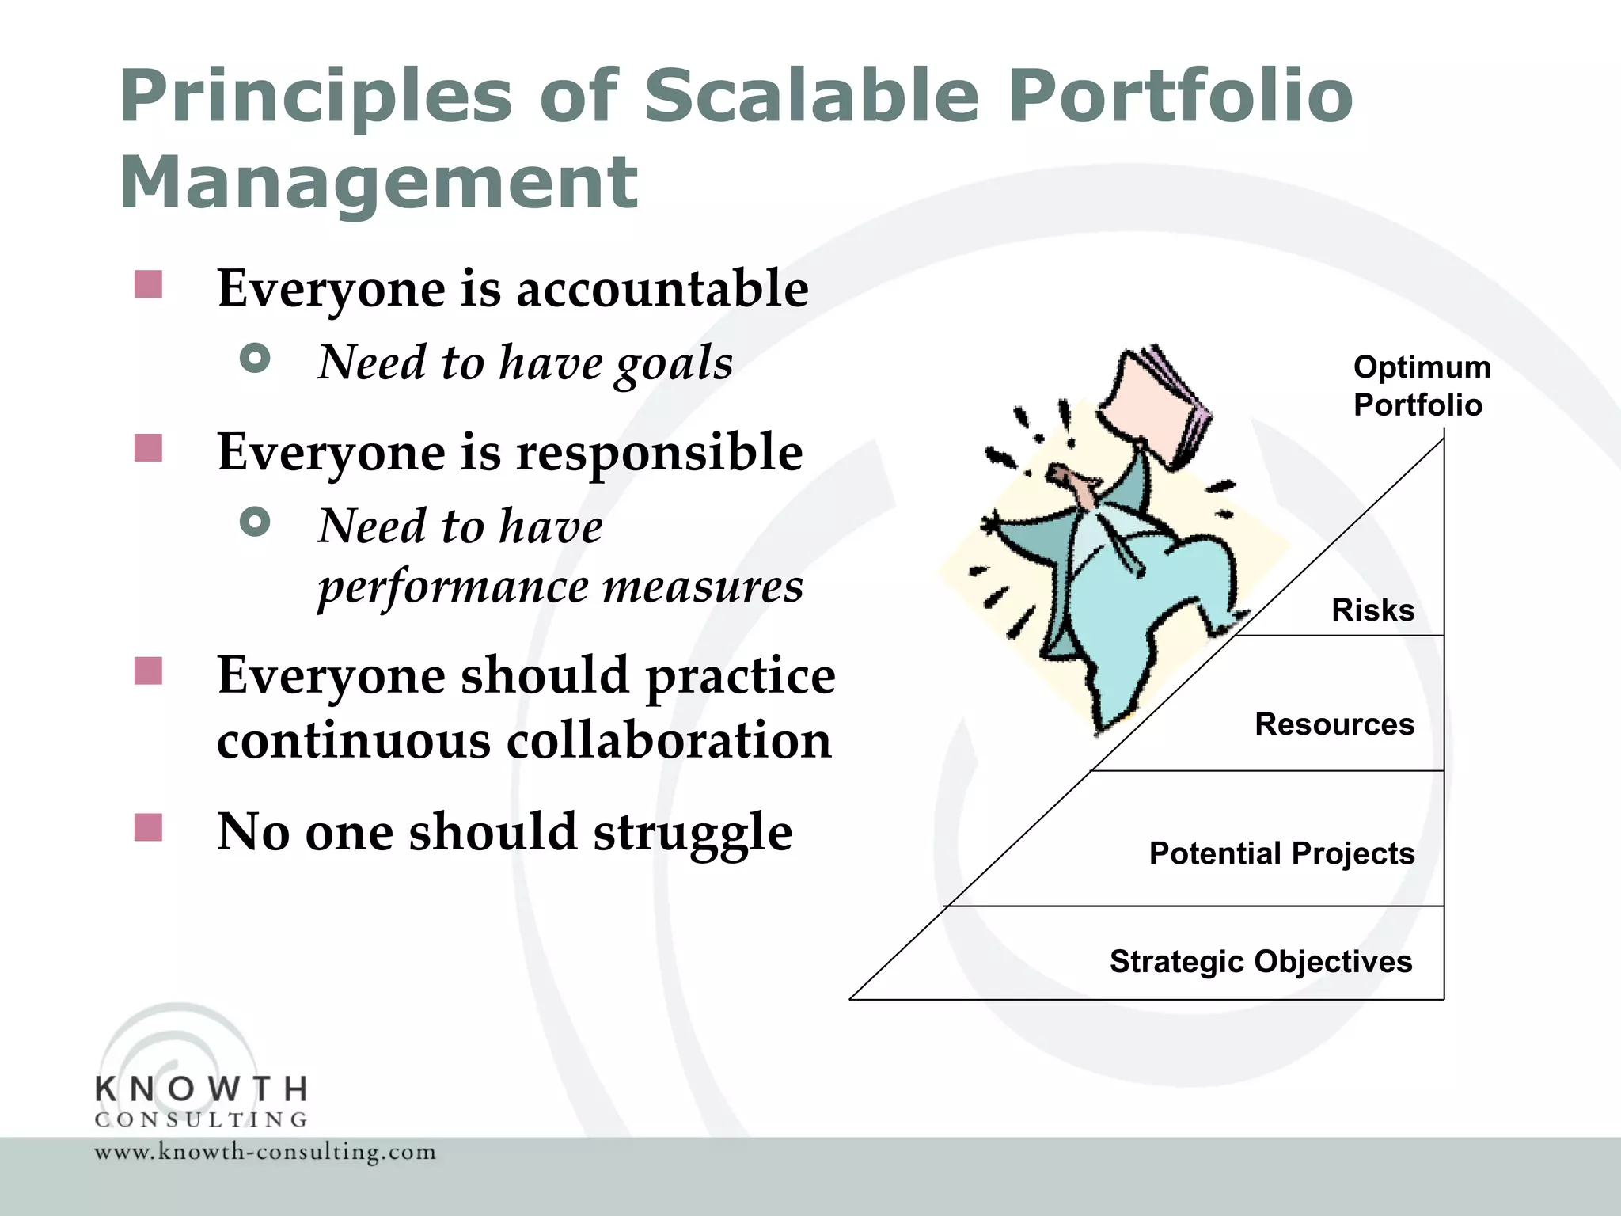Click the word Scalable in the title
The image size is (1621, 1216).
[x=811, y=97]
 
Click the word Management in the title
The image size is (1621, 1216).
[x=378, y=184]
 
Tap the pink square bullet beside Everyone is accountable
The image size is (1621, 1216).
[x=148, y=284]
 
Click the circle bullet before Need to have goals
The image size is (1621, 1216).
[x=255, y=359]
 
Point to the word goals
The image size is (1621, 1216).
[x=674, y=364]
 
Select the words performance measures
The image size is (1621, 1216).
[x=560, y=587]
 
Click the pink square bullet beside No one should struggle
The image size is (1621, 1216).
[x=148, y=827]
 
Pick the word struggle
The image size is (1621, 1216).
[x=693, y=833]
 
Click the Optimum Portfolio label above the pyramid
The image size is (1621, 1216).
[x=1421, y=386]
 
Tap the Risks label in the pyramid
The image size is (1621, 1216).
[x=1372, y=610]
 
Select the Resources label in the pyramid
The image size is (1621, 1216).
[x=1334, y=724]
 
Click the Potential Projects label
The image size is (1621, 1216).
[x=1281, y=853]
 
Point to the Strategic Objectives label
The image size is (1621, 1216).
[x=1261, y=961]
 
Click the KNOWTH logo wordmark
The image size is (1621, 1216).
[x=201, y=1089]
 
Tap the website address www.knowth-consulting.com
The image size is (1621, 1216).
[x=265, y=1152]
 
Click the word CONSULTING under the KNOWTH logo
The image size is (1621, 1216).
[x=201, y=1119]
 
